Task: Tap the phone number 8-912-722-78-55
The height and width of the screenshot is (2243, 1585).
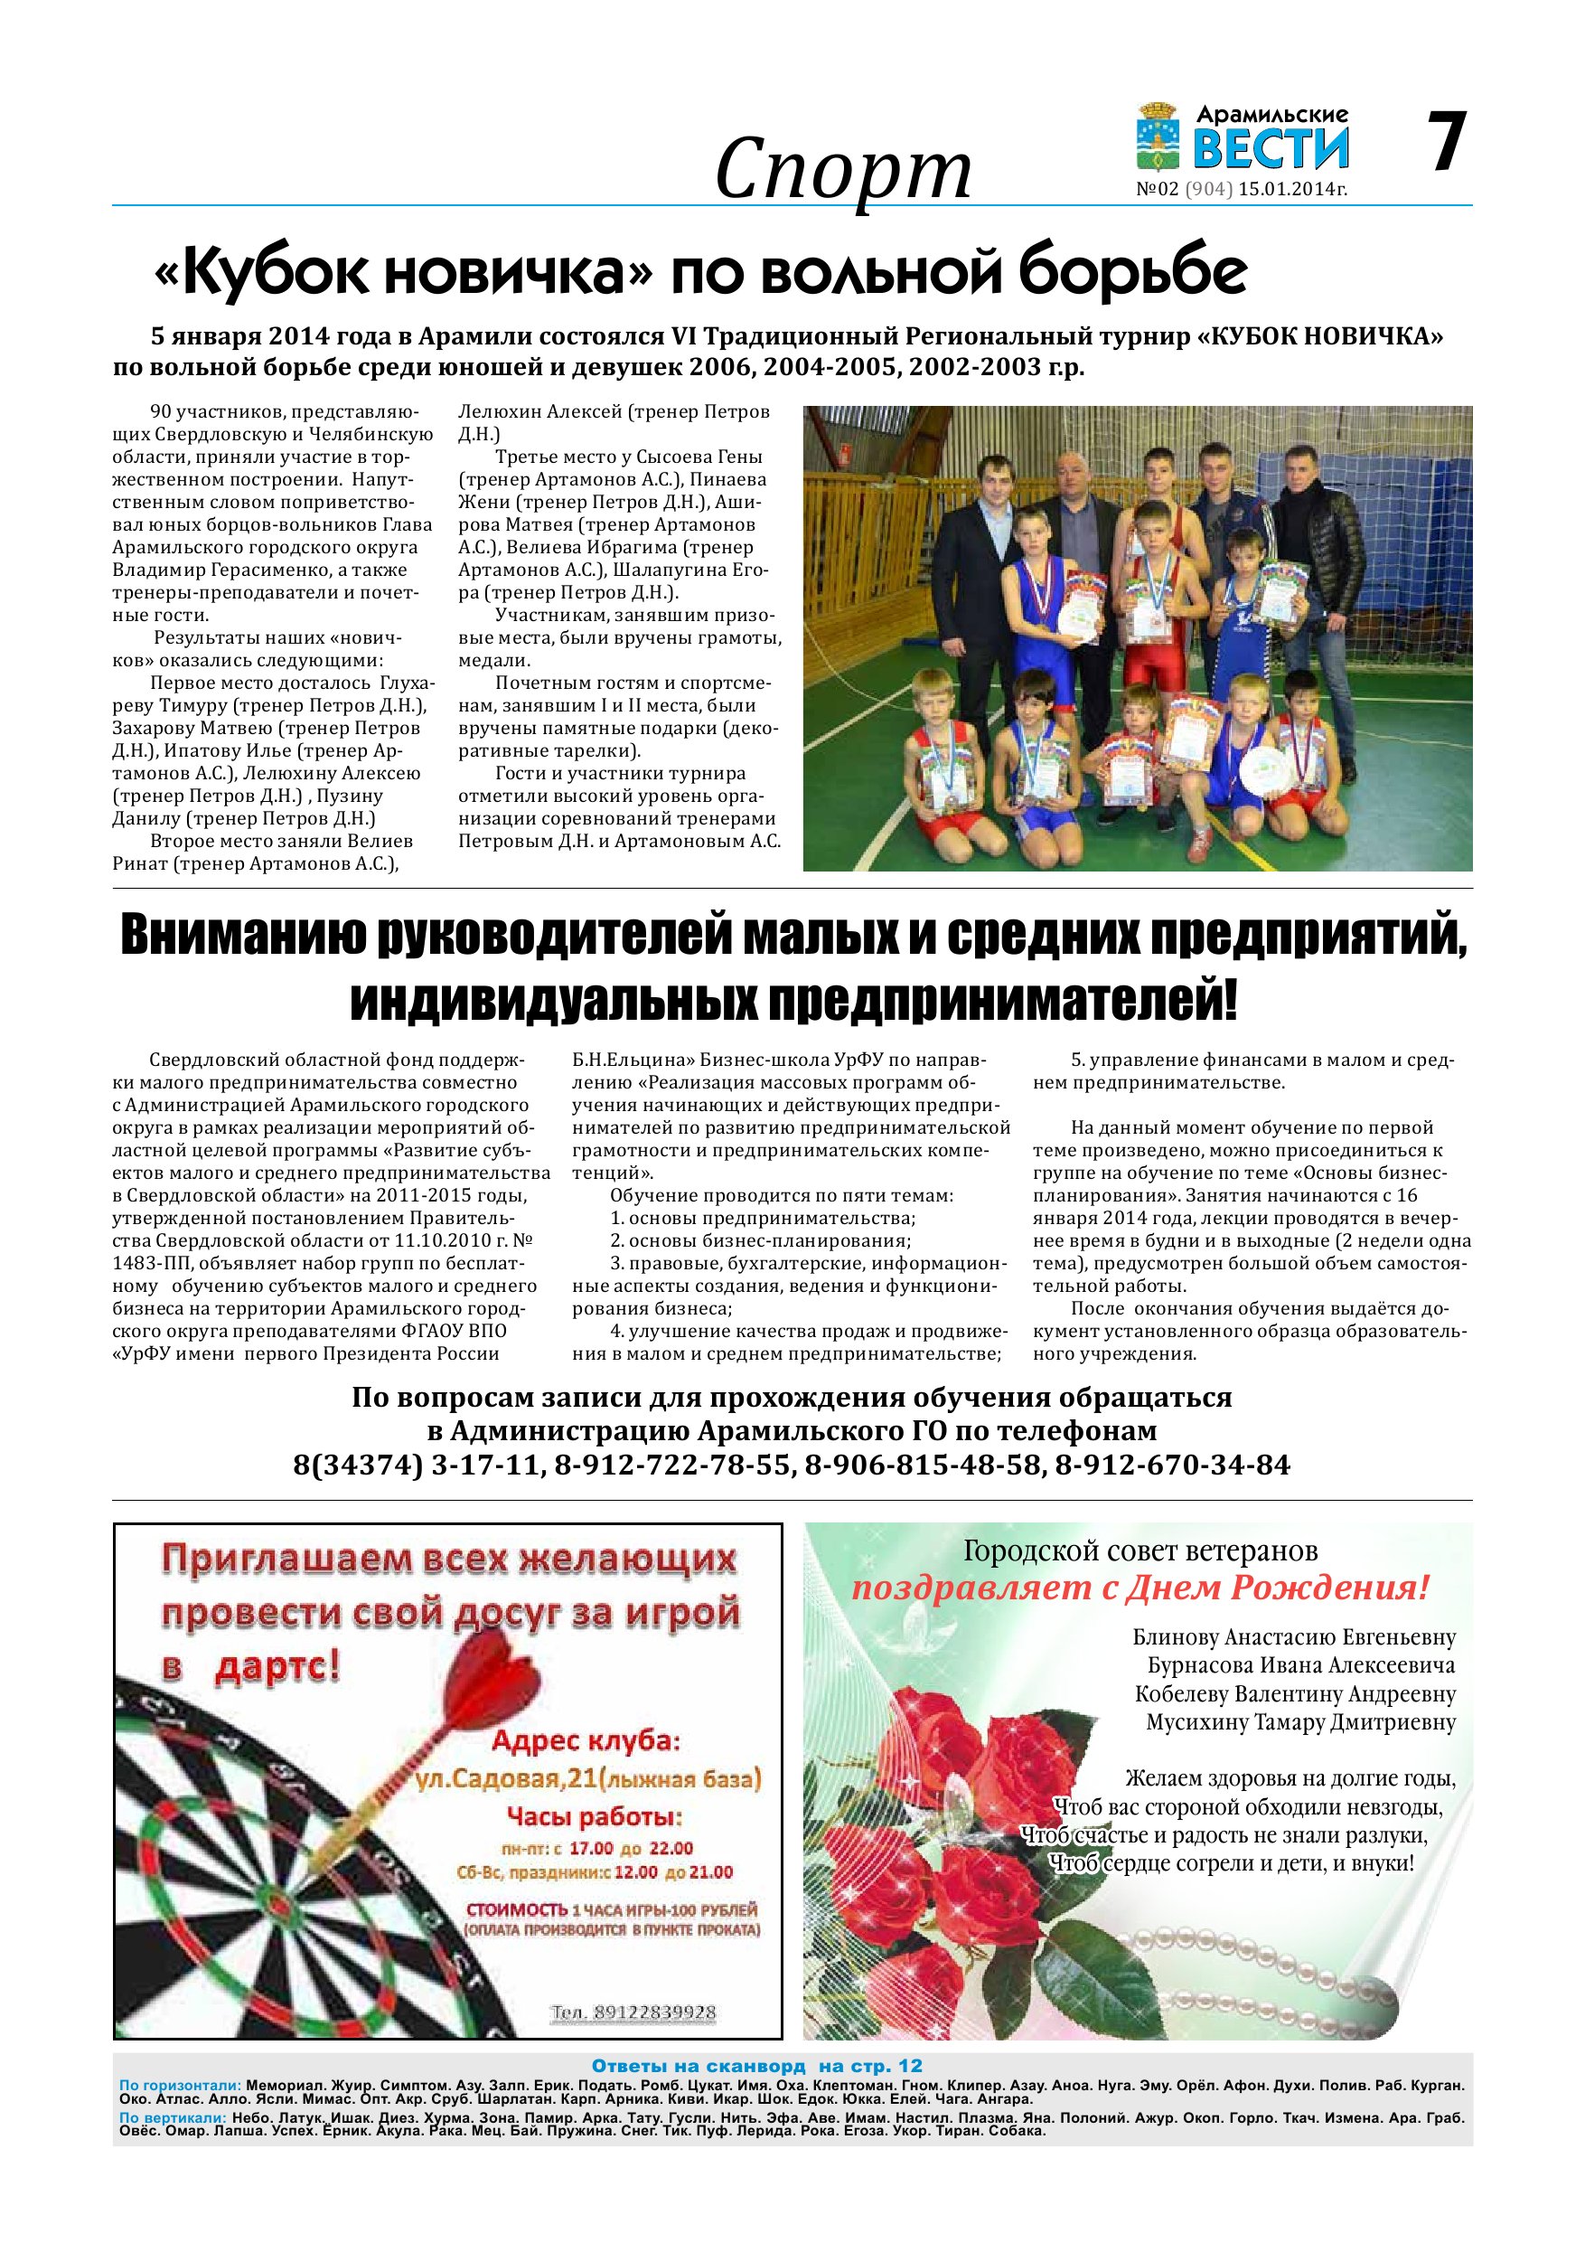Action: tap(674, 1465)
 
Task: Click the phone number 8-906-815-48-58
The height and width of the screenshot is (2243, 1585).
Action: tap(924, 1465)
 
